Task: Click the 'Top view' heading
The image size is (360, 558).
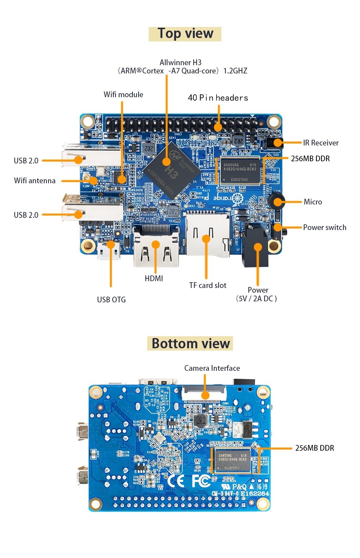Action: (185, 34)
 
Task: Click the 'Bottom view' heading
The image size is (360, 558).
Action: (190, 343)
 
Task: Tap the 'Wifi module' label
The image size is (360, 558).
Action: (123, 95)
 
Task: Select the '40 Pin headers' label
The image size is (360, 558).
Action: (218, 98)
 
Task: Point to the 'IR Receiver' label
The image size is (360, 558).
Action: (320, 143)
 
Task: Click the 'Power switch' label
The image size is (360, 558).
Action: (324, 228)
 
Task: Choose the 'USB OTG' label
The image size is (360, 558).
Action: (111, 300)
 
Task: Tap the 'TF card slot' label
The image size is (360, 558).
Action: (208, 285)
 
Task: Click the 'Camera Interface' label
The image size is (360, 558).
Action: (212, 368)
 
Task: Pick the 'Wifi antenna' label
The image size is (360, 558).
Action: (35, 181)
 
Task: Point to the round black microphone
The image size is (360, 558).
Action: (277, 201)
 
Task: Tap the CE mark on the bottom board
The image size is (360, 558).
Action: (176, 481)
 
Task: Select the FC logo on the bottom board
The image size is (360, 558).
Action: (201, 481)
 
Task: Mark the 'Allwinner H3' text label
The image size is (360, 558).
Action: (180, 63)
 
